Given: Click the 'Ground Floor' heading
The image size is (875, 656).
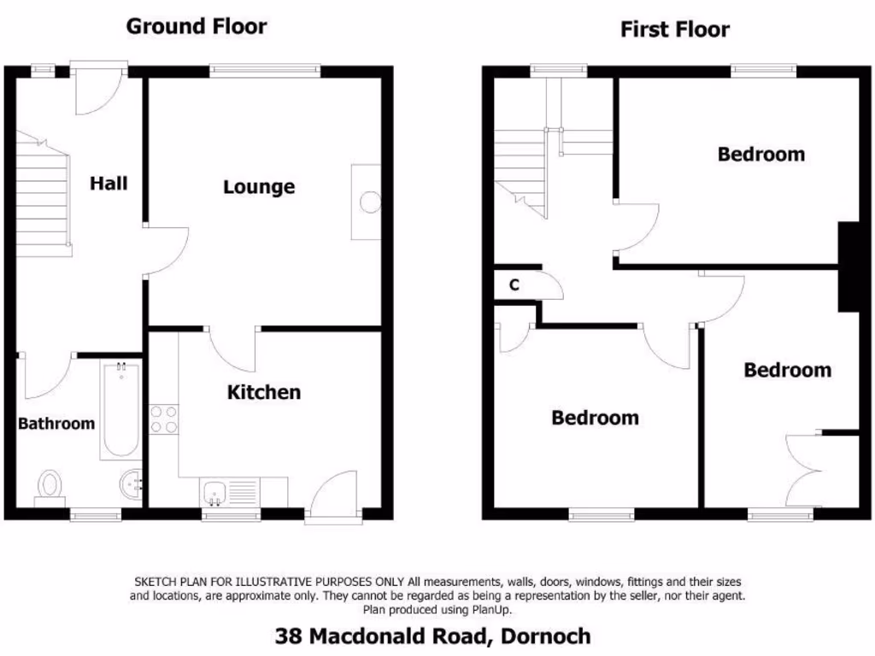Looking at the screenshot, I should tap(197, 26).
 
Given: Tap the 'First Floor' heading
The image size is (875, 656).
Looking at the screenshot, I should tap(674, 30).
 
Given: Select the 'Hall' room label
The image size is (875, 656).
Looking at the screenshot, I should tap(109, 183).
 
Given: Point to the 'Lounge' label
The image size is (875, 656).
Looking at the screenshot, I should tap(259, 186).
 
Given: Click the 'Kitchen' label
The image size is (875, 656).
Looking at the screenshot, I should tap(263, 392).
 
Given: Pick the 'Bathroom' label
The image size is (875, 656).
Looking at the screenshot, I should tap(56, 423).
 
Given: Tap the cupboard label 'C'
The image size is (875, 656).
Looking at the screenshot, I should tap(514, 285).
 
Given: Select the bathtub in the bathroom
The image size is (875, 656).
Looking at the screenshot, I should tap(120, 410).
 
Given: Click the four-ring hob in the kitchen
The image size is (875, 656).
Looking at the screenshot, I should tap(163, 419).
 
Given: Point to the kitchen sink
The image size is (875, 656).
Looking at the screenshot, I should tap(214, 492).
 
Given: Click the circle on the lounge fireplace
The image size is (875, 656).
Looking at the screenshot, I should tap(370, 202).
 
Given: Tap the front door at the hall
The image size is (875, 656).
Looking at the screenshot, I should tap(98, 90).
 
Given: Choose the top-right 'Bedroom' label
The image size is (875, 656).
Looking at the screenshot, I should tap(760, 155).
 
